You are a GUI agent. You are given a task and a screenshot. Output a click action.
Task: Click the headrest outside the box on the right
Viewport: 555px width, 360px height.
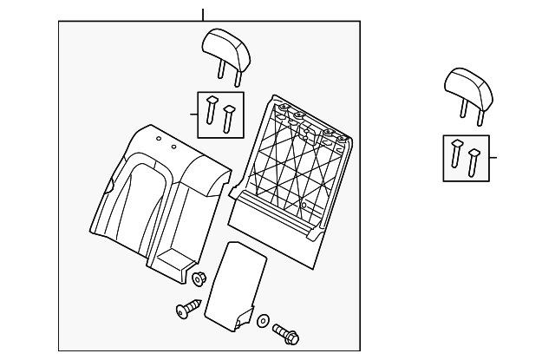468,84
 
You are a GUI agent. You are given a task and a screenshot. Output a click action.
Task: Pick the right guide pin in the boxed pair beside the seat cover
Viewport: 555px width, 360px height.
229,118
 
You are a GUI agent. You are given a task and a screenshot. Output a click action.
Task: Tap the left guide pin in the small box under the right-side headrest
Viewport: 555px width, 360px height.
457,153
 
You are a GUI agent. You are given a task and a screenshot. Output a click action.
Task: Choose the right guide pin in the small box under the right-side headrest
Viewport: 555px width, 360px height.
473,160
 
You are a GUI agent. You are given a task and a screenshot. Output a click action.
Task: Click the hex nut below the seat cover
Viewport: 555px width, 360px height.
197,279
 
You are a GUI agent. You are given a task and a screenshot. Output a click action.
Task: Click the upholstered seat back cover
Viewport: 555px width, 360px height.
156,200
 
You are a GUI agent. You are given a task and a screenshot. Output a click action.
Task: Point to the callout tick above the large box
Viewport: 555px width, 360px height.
203,14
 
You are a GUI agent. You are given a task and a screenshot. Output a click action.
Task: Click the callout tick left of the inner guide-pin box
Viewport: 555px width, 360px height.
193,113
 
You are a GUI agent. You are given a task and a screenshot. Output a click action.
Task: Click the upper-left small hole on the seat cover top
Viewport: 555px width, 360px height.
159,138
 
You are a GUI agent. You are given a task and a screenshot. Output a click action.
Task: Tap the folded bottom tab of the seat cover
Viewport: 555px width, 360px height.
173,265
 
